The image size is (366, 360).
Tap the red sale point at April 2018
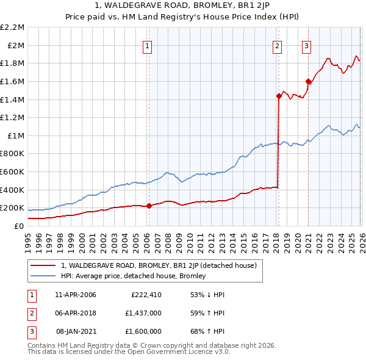(279, 96)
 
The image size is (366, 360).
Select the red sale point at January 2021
(308, 81)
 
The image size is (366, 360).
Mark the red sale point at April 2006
(149, 206)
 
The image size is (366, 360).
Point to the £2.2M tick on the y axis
(13, 27)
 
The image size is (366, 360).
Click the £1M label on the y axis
(16, 135)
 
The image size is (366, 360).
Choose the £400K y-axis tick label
(13, 190)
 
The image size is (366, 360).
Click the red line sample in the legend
(43, 265)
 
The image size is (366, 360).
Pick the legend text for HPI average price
(134, 276)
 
